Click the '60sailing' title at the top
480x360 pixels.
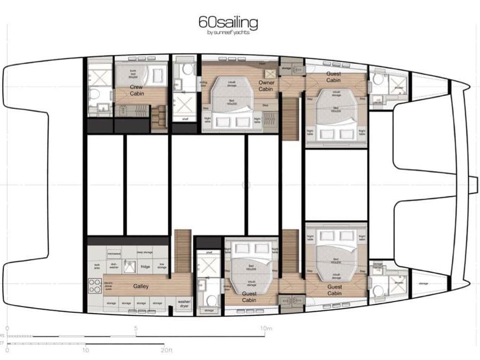tap(229, 23)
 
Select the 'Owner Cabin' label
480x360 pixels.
tap(266, 86)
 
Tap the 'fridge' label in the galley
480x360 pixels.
tap(146, 266)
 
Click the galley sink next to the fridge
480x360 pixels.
tap(129, 266)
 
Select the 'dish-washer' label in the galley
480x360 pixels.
tap(114, 266)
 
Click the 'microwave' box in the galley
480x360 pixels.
tap(114, 252)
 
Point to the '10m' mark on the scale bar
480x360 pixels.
tap(266, 328)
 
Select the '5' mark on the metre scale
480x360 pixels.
tap(136, 328)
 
